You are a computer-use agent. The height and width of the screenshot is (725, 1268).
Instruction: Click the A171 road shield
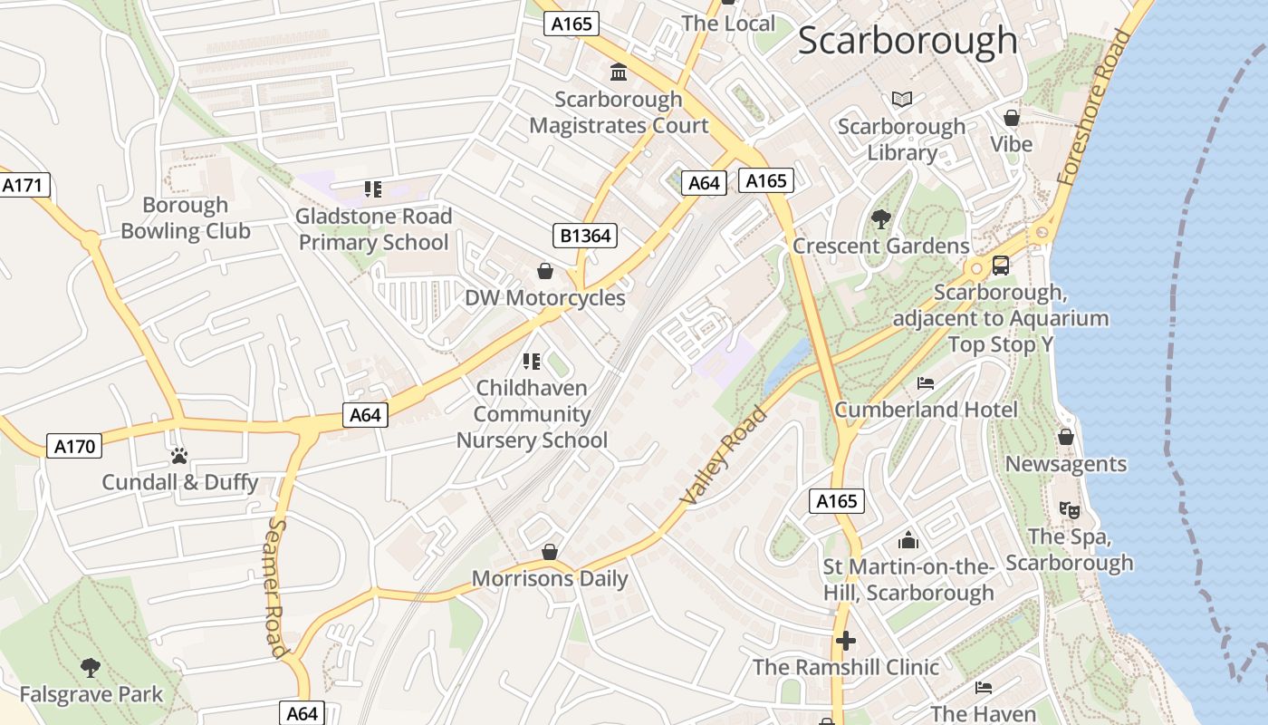23,186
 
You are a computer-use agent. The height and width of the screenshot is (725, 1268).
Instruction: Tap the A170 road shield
74,446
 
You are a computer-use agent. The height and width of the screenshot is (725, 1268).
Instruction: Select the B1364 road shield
585,237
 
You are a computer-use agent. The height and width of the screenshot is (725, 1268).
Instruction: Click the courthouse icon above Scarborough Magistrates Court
619,72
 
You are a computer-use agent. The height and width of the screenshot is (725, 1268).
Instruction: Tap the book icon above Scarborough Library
902,99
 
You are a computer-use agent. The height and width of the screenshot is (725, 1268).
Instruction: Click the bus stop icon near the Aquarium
1001,266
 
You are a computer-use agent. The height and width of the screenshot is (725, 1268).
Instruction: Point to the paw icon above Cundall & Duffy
179,455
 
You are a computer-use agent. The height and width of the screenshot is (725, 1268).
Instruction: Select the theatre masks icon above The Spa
1069,510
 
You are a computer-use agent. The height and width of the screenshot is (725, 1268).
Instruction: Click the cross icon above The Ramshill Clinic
845,641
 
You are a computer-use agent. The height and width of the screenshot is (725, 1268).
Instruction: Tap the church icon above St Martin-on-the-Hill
908,540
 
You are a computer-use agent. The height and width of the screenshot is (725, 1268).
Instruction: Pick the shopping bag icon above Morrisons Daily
549,552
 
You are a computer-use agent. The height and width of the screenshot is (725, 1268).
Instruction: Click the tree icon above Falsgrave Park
90,668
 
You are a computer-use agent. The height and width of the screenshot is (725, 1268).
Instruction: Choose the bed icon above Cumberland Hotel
926,382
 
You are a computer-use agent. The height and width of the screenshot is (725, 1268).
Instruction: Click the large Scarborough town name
908,41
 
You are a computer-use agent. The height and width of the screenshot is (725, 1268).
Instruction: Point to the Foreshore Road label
1095,108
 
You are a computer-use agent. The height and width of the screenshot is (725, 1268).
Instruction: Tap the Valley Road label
724,456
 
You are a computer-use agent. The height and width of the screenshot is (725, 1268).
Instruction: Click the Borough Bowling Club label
186,218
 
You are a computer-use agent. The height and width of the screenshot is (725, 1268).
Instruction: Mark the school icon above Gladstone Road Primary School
373,189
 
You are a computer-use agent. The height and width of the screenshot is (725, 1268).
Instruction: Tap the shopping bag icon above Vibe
1012,118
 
